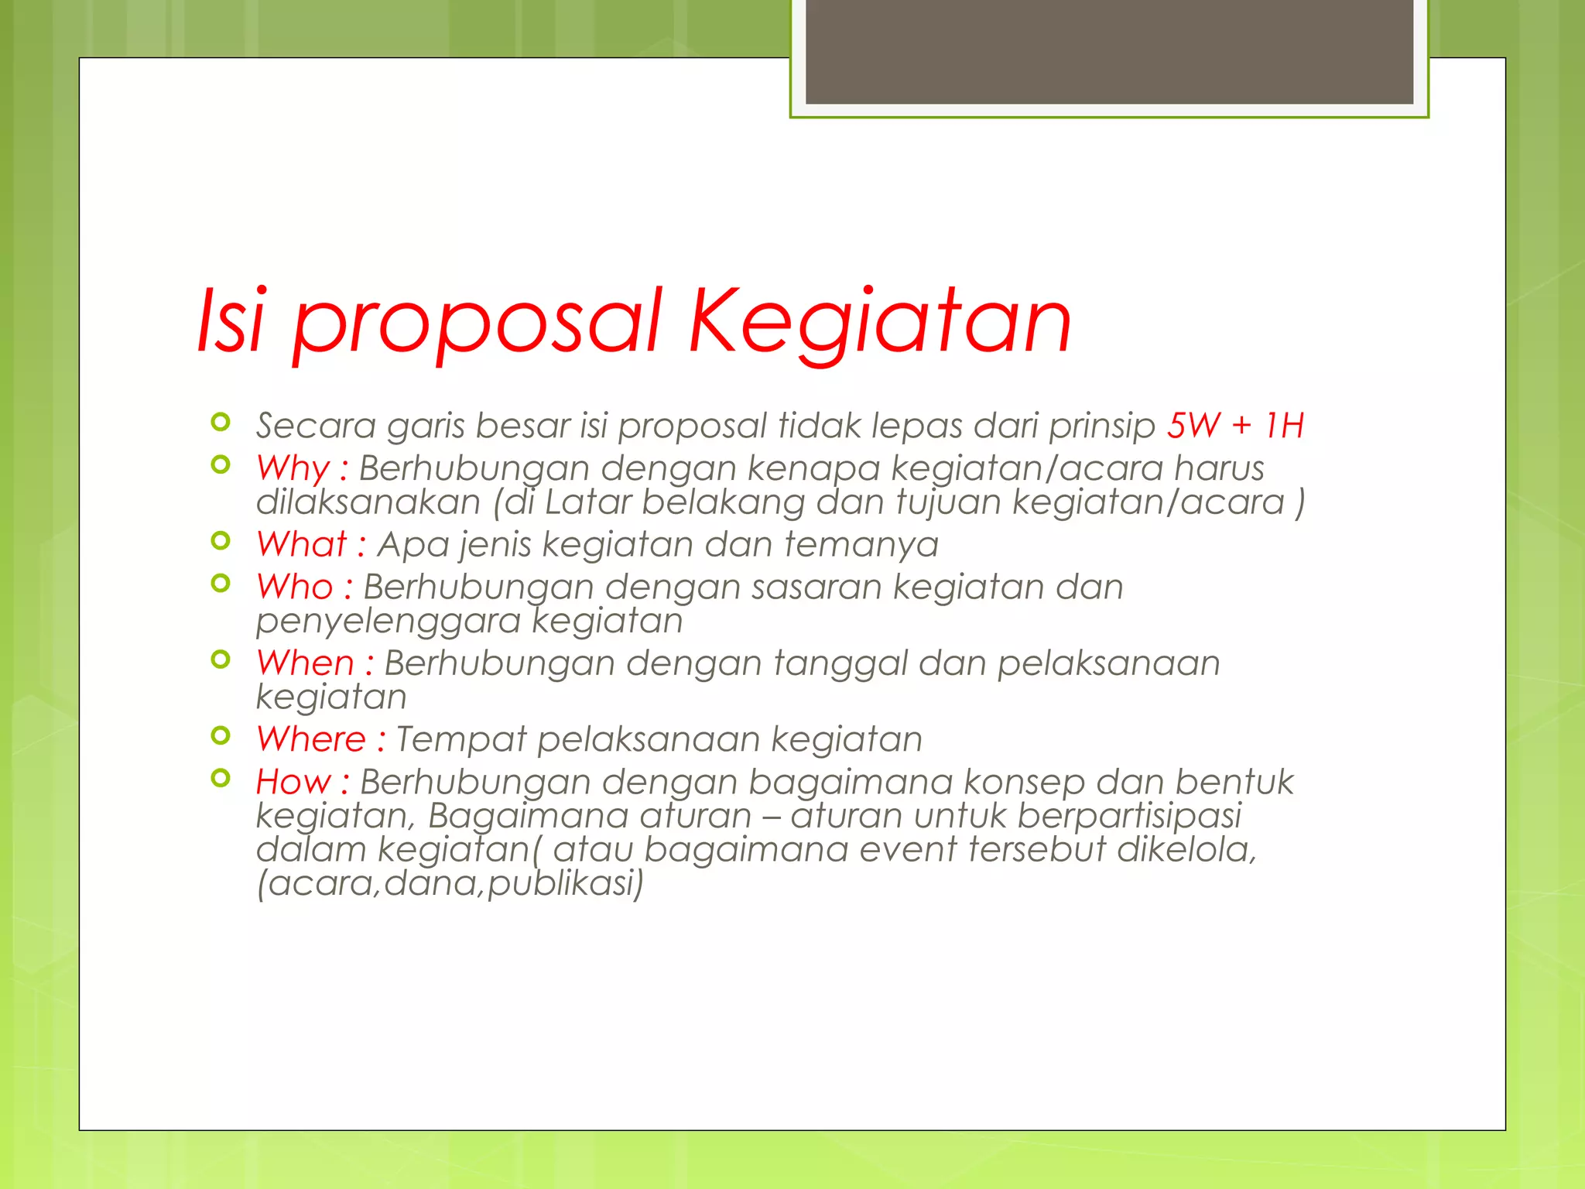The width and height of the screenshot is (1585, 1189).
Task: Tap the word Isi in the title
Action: [231, 321]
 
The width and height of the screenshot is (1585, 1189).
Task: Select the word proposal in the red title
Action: [477, 324]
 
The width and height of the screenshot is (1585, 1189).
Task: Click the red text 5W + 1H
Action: [1235, 425]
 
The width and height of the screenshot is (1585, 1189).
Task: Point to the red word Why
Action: [293, 468]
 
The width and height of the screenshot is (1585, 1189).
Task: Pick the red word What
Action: [302, 544]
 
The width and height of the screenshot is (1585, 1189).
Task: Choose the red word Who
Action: [295, 587]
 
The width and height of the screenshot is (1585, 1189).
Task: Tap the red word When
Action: [305, 663]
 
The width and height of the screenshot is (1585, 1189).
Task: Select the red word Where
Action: [311, 738]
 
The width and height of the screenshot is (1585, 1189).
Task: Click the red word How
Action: [293, 781]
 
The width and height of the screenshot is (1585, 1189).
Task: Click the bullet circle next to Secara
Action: [221, 422]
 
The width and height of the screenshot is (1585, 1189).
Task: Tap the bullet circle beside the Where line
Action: [221, 735]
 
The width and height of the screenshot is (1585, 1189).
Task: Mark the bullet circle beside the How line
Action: [221, 778]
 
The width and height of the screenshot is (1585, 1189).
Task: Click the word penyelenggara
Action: [388, 622]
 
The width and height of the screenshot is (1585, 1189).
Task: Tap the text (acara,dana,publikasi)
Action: [450, 883]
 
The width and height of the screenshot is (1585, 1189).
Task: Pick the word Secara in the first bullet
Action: [316, 426]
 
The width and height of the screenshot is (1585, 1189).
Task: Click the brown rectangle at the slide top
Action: [1109, 51]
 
